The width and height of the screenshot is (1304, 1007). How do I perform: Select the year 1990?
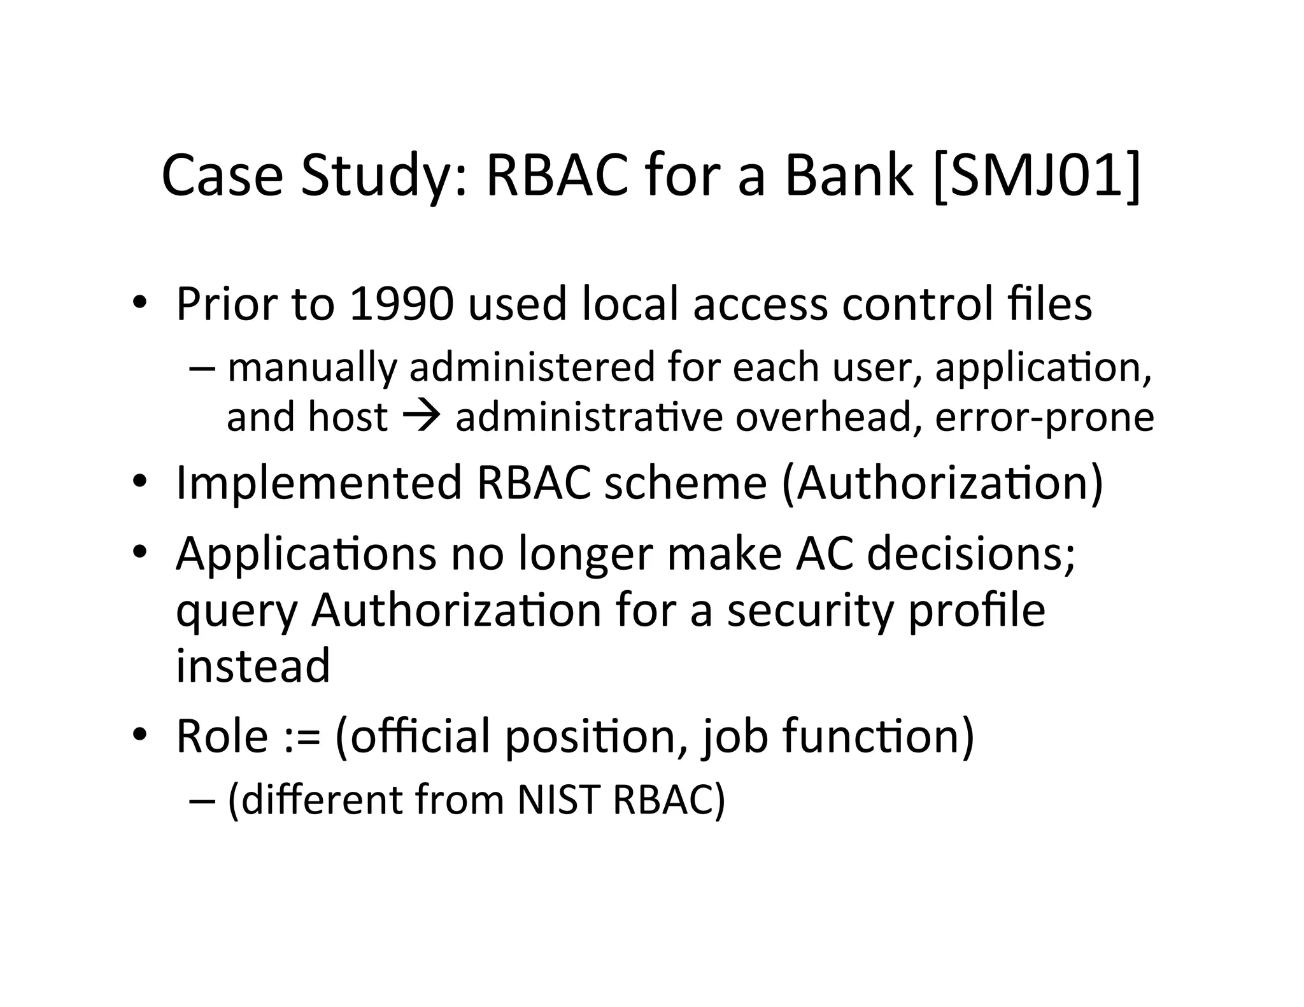pos(400,304)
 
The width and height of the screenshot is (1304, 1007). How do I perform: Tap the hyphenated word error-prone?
pos(1044,418)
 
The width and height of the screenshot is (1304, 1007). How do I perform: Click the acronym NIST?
pos(558,800)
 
